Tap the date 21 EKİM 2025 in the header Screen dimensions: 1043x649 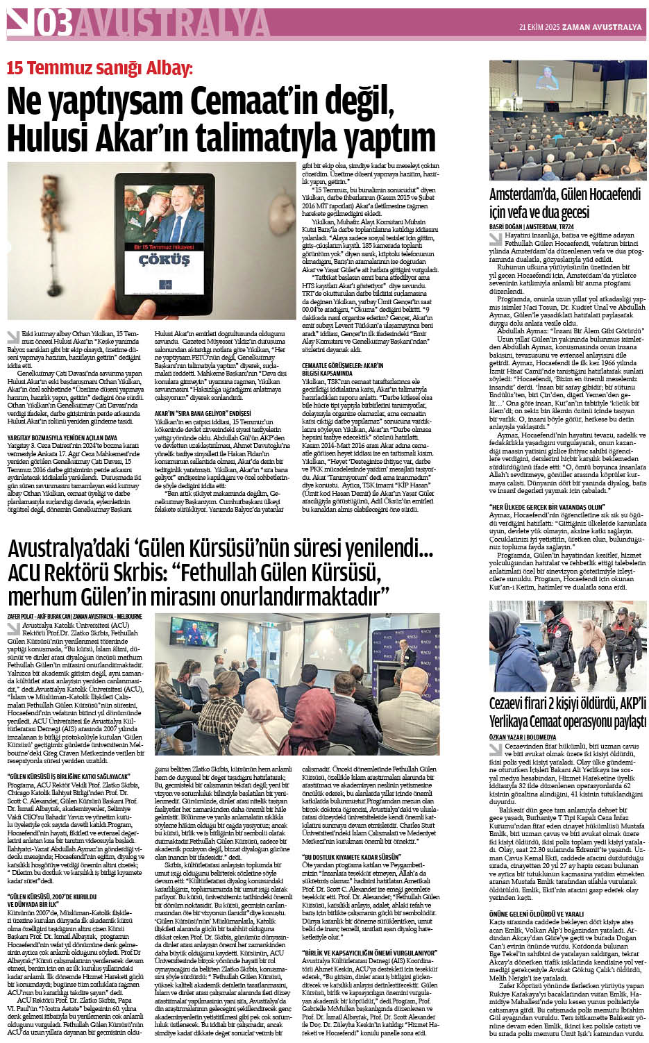pyautogui.click(x=539, y=27)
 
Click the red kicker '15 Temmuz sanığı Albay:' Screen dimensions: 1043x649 pyautogui.click(x=99, y=69)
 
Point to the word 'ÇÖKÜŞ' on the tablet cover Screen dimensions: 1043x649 pyautogui.click(x=164, y=260)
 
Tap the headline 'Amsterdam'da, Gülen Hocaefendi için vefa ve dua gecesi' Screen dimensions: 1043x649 pyautogui.click(x=564, y=203)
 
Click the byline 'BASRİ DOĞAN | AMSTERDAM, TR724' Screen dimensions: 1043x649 pyautogui.click(x=532, y=226)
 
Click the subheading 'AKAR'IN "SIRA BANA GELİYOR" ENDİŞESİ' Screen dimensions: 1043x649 pyautogui.click(x=203, y=413)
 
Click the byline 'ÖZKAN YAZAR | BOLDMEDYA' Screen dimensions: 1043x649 pyautogui.click(x=523, y=737)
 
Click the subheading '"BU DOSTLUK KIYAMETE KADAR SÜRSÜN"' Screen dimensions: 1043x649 pyautogui.click(x=351, y=858)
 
